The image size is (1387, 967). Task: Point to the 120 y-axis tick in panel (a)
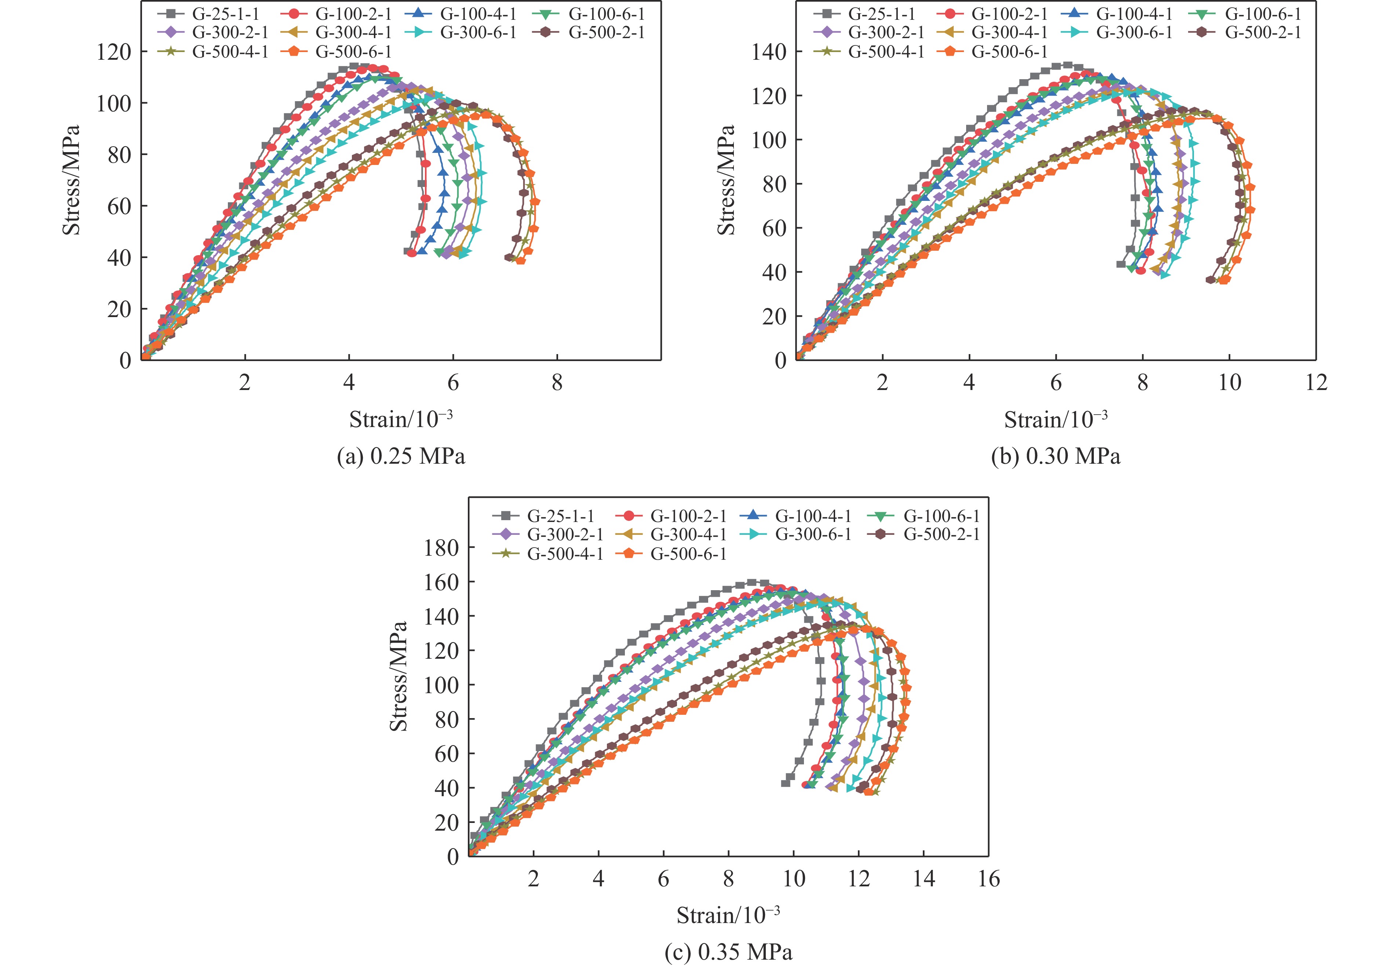coord(114,52)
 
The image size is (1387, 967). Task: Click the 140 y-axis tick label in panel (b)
coord(769,52)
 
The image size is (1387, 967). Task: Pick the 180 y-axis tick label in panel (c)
coord(441,548)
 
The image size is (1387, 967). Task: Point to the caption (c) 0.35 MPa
coord(728,952)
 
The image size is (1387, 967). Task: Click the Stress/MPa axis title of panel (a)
coord(71,180)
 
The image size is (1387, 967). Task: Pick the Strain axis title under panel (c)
coord(728,915)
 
